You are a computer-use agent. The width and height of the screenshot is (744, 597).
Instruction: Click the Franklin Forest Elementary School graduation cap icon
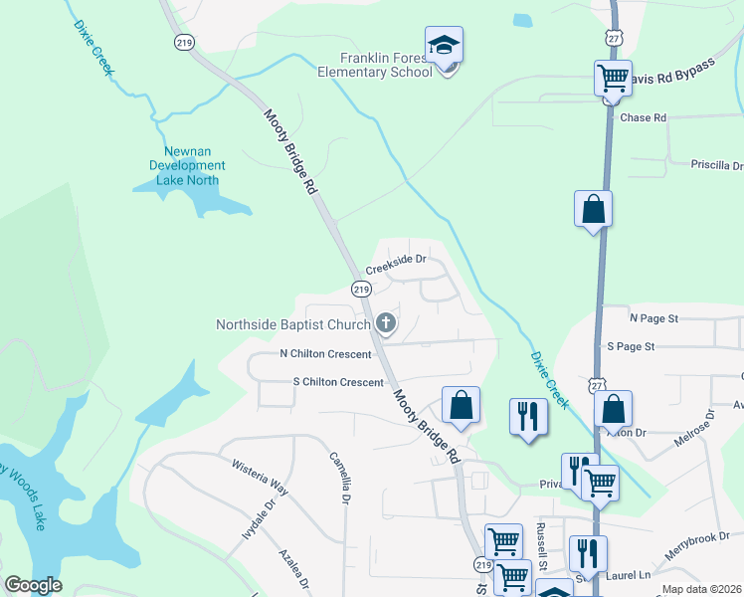(x=444, y=46)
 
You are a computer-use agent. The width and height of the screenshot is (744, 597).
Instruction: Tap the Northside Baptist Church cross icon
(x=386, y=323)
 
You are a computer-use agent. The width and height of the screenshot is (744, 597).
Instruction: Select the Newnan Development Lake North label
(x=188, y=165)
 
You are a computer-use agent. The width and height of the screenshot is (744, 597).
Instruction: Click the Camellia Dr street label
(x=339, y=479)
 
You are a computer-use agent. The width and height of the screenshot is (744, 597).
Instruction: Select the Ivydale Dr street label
(x=256, y=518)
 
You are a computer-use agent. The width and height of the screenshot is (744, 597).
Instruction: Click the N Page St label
(x=653, y=318)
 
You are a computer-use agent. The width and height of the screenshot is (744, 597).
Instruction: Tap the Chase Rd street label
(x=643, y=117)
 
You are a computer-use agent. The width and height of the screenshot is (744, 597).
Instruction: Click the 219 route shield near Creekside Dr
(x=362, y=289)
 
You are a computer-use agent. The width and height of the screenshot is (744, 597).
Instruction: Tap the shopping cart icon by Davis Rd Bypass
(x=613, y=78)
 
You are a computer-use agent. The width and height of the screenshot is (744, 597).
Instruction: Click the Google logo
(x=33, y=585)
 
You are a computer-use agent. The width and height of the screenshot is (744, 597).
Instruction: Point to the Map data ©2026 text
(x=702, y=589)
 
